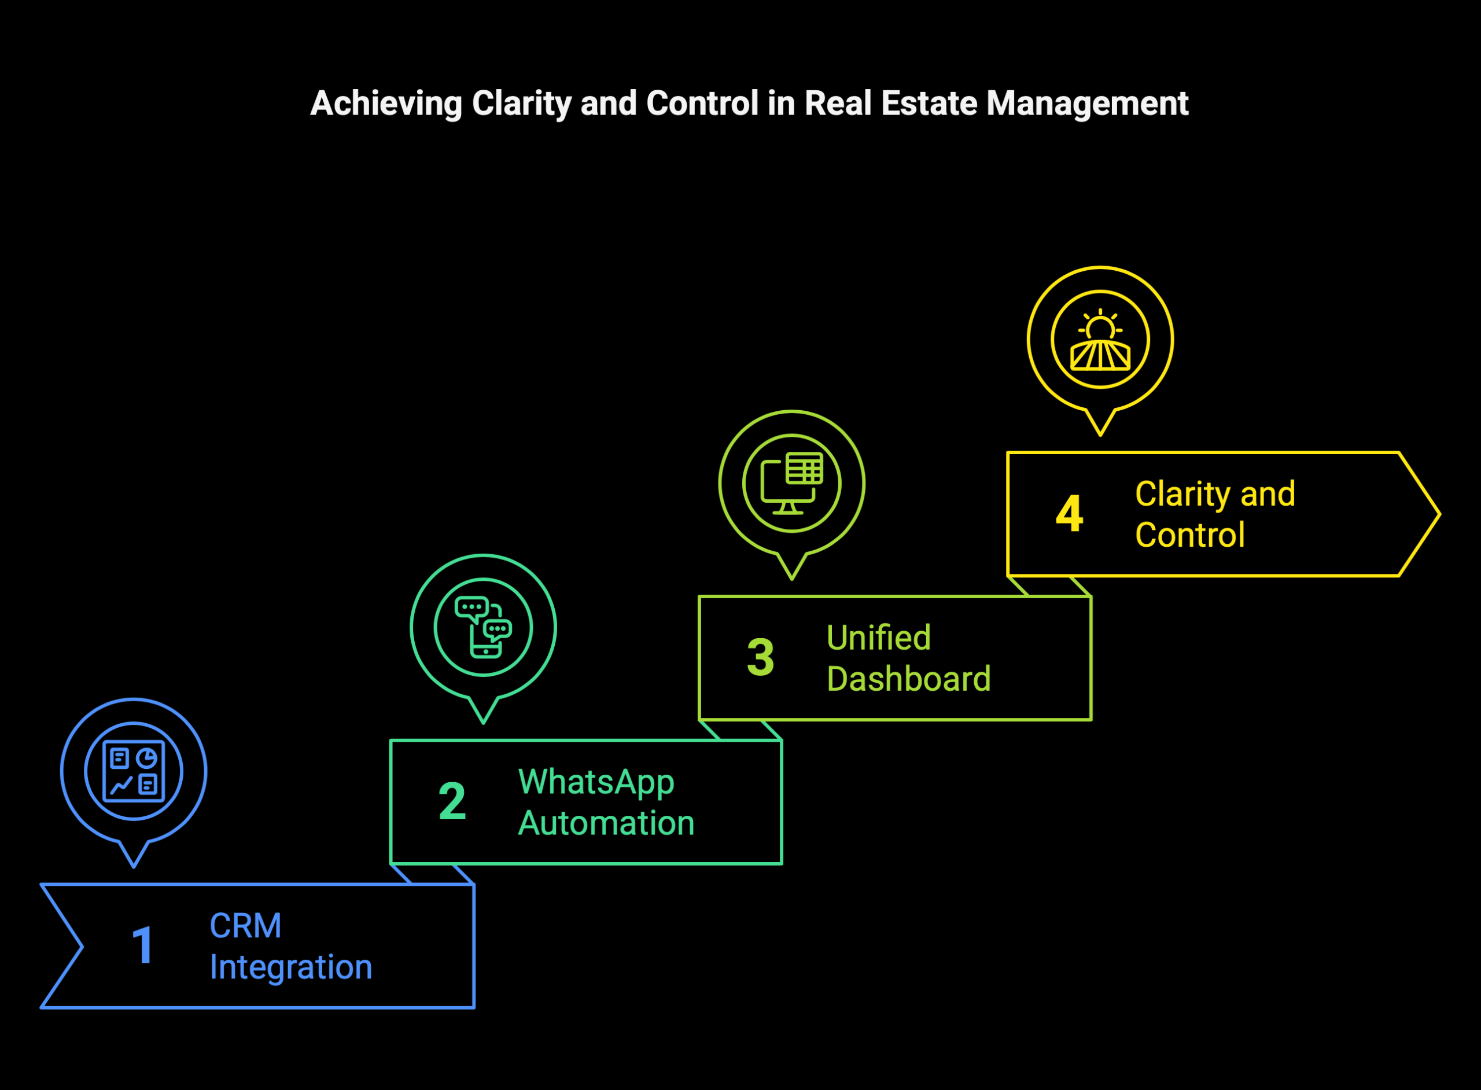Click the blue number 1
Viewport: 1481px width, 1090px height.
[x=143, y=945]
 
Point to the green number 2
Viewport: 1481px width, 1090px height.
[x=452, y=801]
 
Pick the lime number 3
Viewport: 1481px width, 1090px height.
[x=760, y=657]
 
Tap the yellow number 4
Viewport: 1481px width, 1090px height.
[x=1069, y=513]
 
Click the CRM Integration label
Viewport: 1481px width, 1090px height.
[x=291, y=946]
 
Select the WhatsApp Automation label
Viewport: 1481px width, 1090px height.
[x=606, y=802]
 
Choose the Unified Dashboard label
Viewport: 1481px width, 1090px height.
[x=908, y=658]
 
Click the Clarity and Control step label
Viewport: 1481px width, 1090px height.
[x=1215, y=514]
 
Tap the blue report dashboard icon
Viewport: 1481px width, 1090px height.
[x=134, y=771]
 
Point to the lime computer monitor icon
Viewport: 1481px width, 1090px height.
[x=791, y=483]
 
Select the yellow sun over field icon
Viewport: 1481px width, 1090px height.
[x=1100, y=339]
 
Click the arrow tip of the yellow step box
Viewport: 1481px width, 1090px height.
[x=1439, y=514]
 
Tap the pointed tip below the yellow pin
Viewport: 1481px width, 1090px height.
[x=1100, y=435]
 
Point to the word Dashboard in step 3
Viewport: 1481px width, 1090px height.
[x=908, y=678]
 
